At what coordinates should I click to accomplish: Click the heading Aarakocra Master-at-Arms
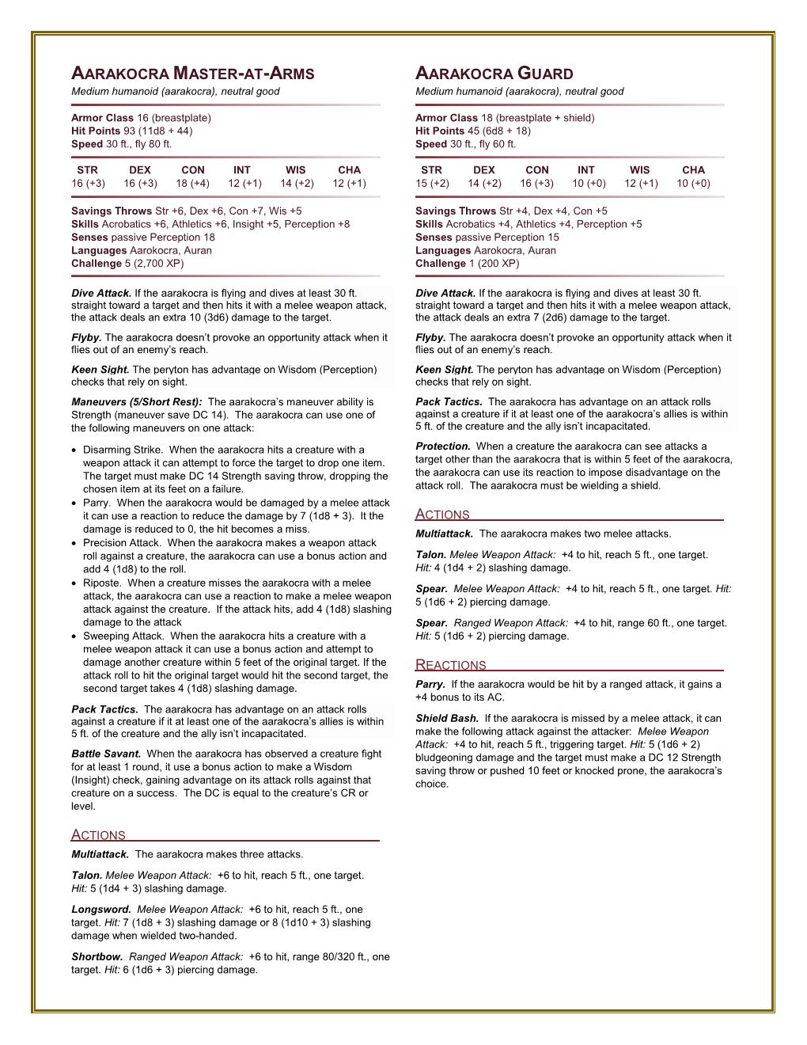[193, 74]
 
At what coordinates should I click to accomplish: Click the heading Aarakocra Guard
[494, 74]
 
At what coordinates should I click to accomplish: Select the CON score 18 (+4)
[192, 184]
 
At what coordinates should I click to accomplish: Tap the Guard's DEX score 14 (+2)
[483, 184]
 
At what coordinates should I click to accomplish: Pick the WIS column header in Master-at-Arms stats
[295, 170]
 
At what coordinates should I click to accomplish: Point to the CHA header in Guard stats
[693, 170]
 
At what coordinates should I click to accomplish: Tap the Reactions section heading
[450, 666]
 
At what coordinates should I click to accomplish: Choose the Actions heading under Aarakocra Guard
[442, 515]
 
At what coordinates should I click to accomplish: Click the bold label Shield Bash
[446, 719]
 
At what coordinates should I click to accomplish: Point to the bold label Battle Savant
[106, 754]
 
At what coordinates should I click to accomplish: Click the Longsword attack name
[100, 910]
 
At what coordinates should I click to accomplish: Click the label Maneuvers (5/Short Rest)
[136, 402]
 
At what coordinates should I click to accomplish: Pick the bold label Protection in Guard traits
[443, 446]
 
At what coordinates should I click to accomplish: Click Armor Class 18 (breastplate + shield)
[504, 118]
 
